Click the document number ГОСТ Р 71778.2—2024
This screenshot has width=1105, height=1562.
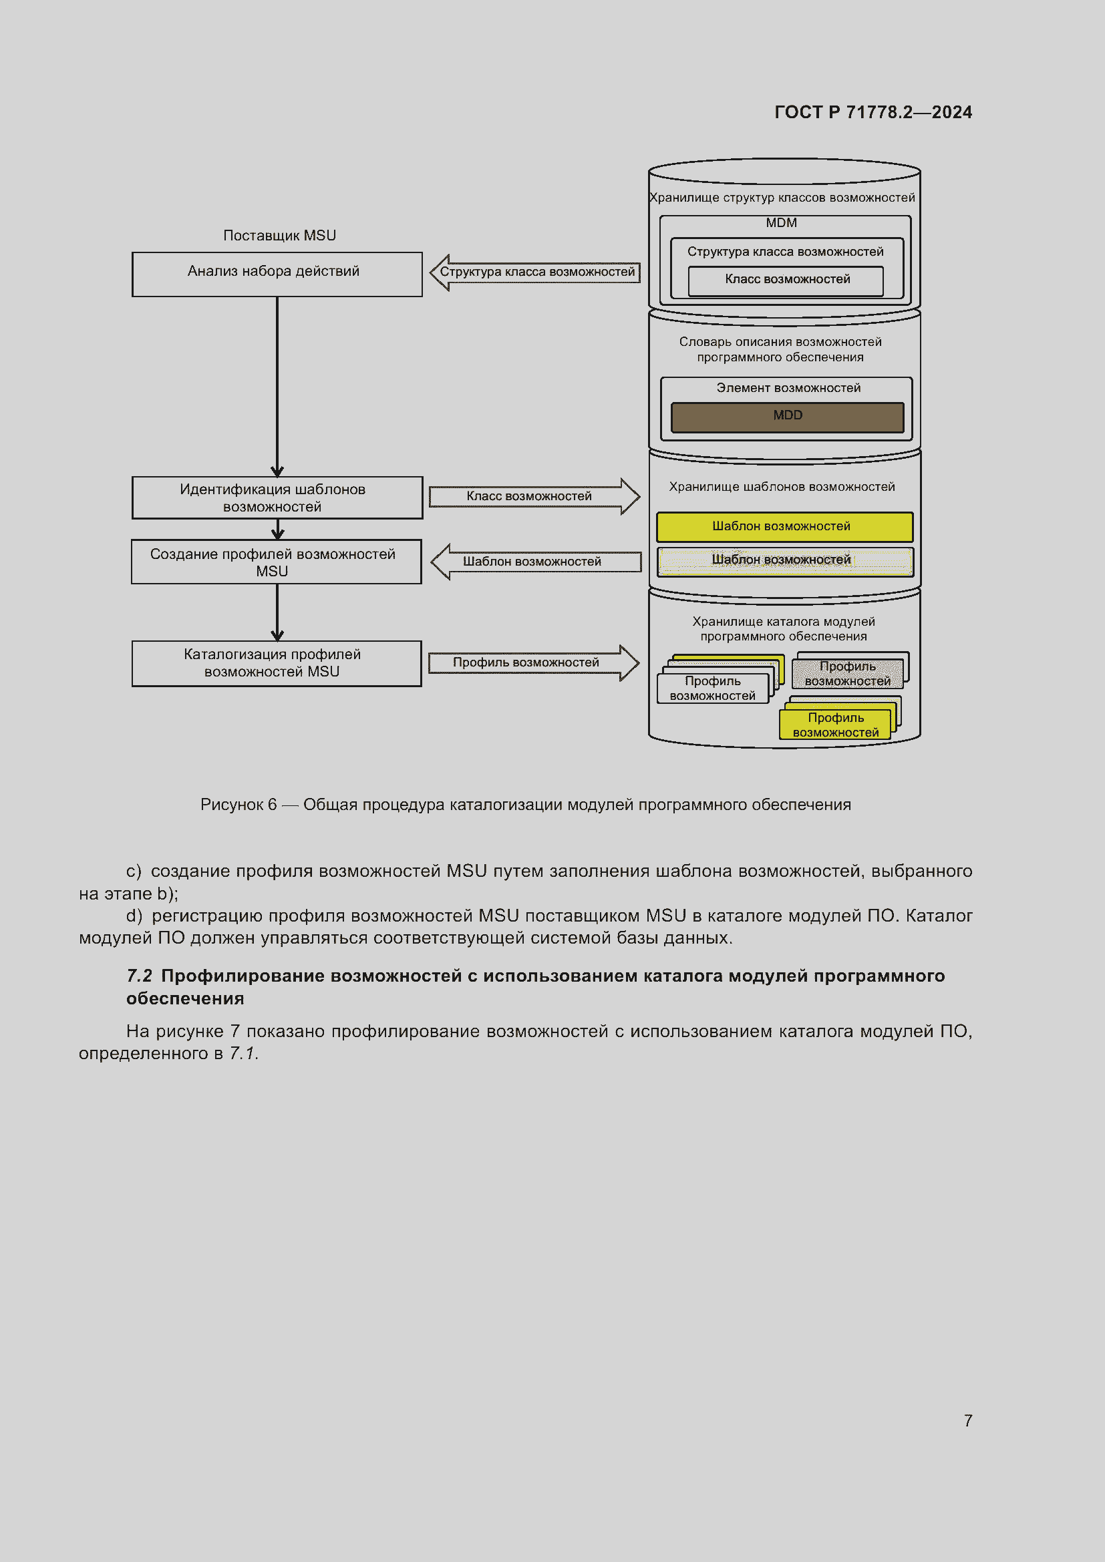click(x=873, y=112)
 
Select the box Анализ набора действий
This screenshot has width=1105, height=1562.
click(x=277, y=274)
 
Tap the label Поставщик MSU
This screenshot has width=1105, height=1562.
click(x=279, y=235)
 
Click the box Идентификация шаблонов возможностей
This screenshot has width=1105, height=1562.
click(x=277, y=498)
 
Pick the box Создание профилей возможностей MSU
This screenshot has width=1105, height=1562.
click(x=277, y=562)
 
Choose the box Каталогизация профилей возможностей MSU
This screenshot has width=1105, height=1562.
click(x=277, y=662)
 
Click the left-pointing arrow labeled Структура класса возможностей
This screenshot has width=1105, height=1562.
click(x=535, y=272)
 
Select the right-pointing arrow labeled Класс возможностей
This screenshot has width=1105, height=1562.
click(x=533, y=496)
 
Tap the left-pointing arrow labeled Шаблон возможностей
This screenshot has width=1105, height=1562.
click(x=536, y=562)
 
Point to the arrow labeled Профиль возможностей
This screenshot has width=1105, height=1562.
click(x=532, y=662)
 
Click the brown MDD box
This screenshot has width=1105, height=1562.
click(x=787, y=416)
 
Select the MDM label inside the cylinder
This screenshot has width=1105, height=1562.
click(x=781, y=223)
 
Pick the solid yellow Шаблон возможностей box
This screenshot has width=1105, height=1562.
click(x=784, y=526)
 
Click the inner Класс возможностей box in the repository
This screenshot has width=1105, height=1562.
click(x=786, y=280)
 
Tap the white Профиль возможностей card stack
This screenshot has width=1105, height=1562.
click(x=712, y=687)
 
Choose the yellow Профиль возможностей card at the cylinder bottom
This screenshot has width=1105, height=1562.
click(x=835, y=724)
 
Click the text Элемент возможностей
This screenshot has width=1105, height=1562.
click(x=788, y=388)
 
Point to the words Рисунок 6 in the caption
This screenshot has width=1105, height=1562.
click(x=238, y=805)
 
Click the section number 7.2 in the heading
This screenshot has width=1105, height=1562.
click(x=139, y=976)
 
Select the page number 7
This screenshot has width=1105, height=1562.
click(x=967, y=1421)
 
